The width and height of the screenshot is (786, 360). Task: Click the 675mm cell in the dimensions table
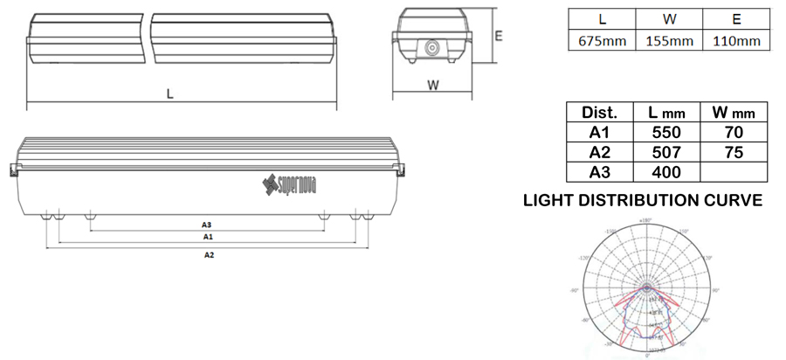click(x=602, y=41)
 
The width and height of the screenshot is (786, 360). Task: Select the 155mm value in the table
click(x=669, y=41)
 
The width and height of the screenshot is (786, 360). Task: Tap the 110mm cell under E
click(x=736, y=41)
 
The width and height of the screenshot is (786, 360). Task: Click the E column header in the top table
click(x=736, y=18)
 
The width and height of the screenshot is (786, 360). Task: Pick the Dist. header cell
click(x=599, y=113)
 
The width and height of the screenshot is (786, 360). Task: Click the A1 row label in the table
click(x=599, y=132)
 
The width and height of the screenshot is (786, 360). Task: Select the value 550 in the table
click(x=666, y=132)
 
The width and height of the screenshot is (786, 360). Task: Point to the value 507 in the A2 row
click(x=666, y=151)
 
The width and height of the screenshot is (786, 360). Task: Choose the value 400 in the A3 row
click(x=666, y=171)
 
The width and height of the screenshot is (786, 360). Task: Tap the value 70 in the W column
click(x=734, y=132)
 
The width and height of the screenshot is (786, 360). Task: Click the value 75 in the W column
click(x=734, y=151)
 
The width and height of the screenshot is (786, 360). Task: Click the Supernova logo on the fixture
click(x=291, y=183)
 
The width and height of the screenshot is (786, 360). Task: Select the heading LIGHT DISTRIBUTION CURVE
click(x=642, y=201)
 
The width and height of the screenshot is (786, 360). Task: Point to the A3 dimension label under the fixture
click(x=207, y=225)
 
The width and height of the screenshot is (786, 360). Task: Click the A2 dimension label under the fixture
click(x=208, y=255)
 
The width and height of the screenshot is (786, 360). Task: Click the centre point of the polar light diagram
click(x=647, y=287)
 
